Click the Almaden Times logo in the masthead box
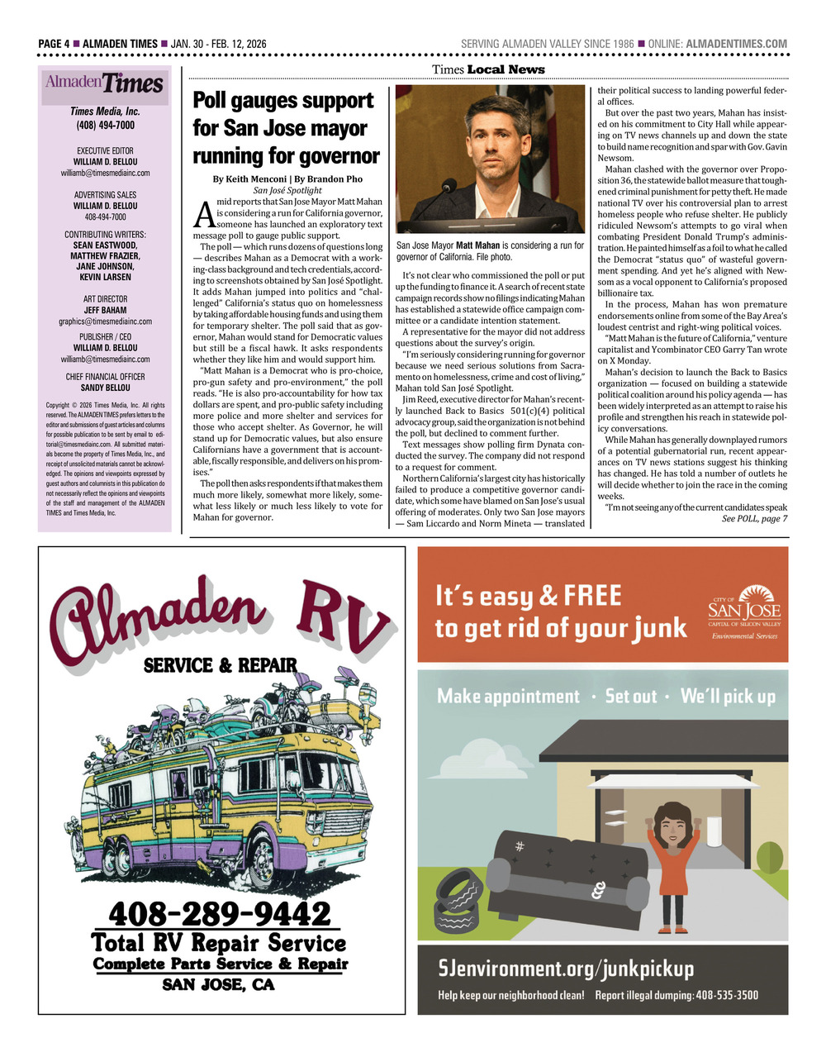click(x=105, y=83)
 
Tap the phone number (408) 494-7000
click(x=105, y=126)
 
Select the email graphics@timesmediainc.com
click(x=105, y=321)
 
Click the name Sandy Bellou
click(x=105, y=388)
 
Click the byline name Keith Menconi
click(x=247, y=179)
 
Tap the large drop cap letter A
click(x=203, y=213)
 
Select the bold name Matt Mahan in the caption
click(x=477, y=245)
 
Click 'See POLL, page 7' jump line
click(x=754, y=518)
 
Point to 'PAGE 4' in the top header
click(x=59, y=44)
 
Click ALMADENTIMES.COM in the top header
click(x=737, y=44)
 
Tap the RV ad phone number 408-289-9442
click(x=220, y=914)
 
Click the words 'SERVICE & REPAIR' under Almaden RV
click(x=220, y=665)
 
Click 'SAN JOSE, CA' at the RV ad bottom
click(x=218, y=984)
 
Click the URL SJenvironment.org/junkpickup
click(x=566, y=968)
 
